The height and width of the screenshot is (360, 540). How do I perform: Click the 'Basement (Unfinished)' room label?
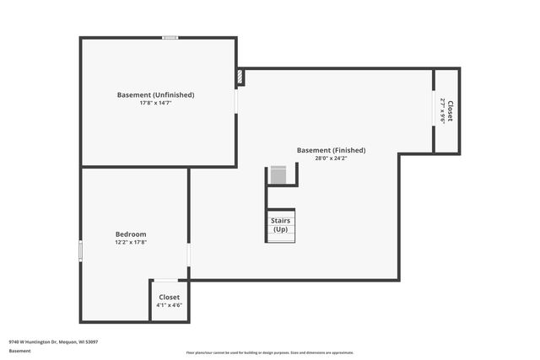(155, 95)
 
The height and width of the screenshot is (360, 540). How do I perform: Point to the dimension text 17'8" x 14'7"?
(155, 104)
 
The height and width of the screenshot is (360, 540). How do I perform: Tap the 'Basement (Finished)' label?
(331, 150)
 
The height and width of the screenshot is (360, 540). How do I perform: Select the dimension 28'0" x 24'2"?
(331, 159)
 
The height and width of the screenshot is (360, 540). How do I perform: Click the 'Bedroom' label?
(131, 234)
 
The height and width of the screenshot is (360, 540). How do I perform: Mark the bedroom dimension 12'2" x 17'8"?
(131, 242)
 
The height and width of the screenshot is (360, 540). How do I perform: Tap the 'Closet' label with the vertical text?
(451, 111)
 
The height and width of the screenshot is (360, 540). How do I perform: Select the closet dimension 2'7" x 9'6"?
(442, 111)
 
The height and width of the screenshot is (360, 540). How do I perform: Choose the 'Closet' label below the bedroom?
(170, 297)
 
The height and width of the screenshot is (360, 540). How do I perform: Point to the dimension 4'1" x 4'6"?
(170, 305)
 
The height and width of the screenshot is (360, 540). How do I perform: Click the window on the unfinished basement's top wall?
(170, 37)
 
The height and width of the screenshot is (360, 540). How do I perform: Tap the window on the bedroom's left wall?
(81, 251)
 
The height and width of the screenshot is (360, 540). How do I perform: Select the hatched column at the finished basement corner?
(241, 78)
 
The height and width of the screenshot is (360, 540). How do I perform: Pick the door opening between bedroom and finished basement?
(189, 254)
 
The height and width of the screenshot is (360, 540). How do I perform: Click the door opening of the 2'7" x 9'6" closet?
(434, 110)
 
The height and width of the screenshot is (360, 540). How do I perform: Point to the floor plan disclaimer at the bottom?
(270, 352)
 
